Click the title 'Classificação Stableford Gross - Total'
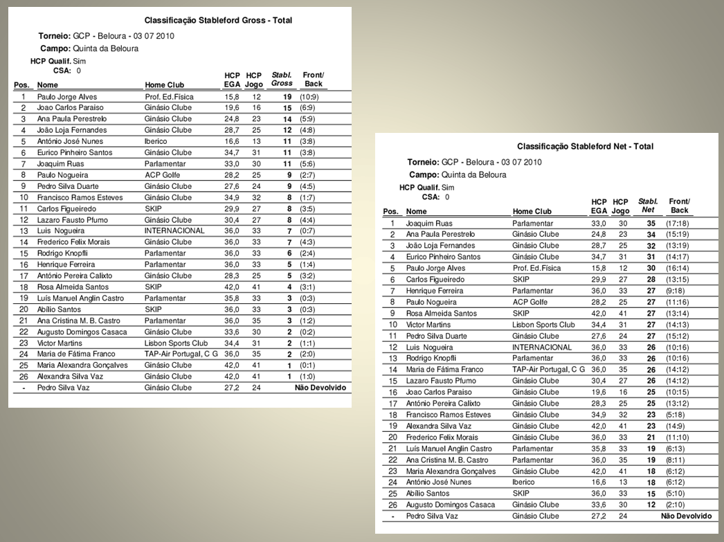[218, 21]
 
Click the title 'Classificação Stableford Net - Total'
[585, 147]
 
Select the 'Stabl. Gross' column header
[282, 79]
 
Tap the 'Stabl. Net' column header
[648, 206]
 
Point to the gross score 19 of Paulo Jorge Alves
[286, 97]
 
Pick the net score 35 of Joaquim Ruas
[651, 224]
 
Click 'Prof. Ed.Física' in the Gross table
[169, 97]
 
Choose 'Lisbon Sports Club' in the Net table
[543, 325]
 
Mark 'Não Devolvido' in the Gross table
[320, 388]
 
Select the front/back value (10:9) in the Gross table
[309, 97]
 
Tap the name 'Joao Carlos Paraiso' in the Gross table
[71, 108]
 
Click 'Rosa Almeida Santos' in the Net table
[440, 314]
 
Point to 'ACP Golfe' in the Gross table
[162, 175]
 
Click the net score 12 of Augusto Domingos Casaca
[651, 505]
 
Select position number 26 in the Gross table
[23, 377]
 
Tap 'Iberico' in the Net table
[523, 482]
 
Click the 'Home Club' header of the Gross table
[165, 85]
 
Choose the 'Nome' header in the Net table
[417, 212]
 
